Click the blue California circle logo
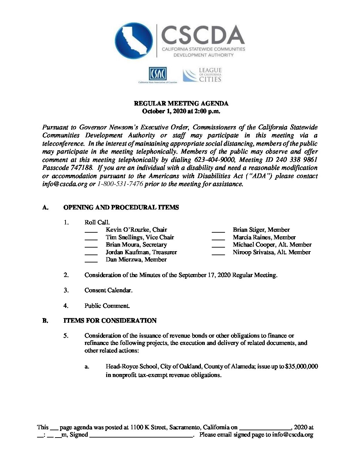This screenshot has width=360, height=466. tap(134, 41)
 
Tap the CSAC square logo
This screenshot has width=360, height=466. tap(158, 74)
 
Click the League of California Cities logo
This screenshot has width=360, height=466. tap(202, 75)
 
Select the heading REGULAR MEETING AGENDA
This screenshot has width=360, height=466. tap(181, 104)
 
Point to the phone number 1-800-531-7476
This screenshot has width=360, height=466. tap(120, 184)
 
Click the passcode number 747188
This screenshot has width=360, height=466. tap(81, 168)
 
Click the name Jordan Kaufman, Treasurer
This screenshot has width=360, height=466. tap(141, 252)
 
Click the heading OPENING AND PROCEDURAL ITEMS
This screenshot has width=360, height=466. tap(121, 208)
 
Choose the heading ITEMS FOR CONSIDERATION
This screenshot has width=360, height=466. tap(110, 321)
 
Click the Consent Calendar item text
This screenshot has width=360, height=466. tap(109, 290)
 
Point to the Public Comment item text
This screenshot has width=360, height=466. tap(107, 306)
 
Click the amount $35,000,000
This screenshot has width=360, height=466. tap(301, 366)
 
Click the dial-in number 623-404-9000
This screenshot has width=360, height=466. tap(214, 160)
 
